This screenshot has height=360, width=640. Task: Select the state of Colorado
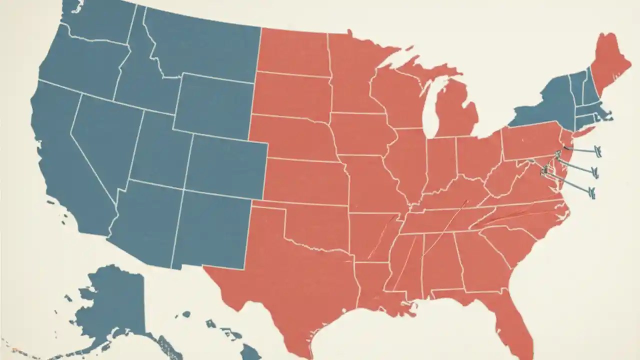tap(225, 165)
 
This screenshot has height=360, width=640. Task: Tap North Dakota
tap(292, 52)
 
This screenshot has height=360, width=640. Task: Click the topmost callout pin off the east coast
tap(596, 149)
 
